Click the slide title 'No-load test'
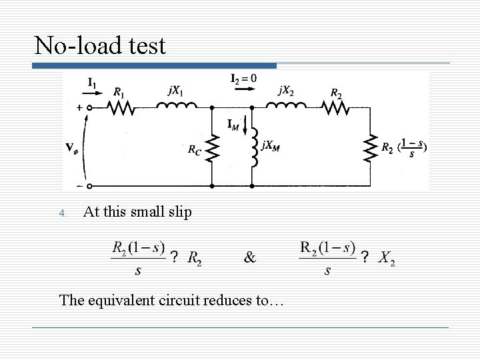(100, 45)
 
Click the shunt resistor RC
(211, 149)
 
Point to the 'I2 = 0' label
(243, 79)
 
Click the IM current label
(233, 123)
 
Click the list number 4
(62, 214)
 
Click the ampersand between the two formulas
(249, 257)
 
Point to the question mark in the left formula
(174, 257)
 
